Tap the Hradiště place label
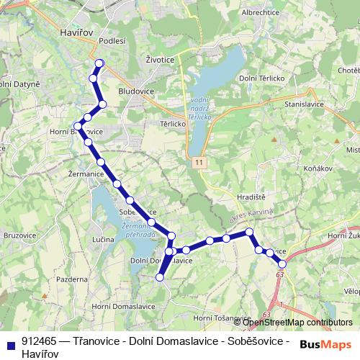tap(251, 196)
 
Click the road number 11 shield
tap(197, 163)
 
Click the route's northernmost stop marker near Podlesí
tap(99, 63)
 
